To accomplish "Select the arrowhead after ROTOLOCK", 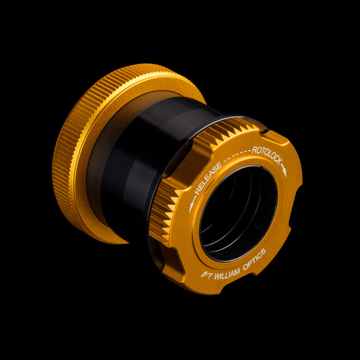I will (x=284, y=172).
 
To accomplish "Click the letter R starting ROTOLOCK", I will (x=254, y=150).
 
